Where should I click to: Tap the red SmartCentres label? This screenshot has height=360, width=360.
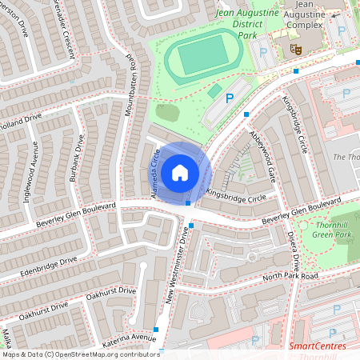[318, 346]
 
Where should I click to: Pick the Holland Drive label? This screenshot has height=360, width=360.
[19, 121]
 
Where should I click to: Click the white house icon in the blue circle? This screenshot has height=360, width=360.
[180, 172]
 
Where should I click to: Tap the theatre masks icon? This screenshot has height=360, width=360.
[295, 50]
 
